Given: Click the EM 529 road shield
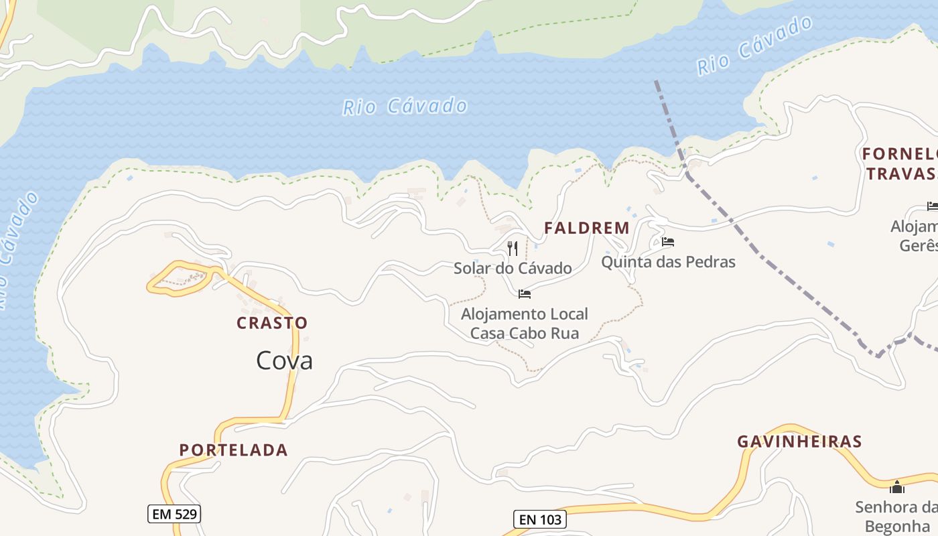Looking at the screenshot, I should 174,514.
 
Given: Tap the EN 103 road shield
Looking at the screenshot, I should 540,519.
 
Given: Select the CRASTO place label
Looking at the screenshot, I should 272,323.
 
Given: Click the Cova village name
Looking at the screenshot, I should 284,361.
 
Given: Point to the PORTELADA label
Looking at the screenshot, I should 233,450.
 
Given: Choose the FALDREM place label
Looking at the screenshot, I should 586,228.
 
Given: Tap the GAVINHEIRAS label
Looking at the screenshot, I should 799,442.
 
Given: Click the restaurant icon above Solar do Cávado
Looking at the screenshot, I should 513,249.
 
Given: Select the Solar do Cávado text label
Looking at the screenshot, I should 513,269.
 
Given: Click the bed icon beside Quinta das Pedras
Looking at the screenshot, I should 667,242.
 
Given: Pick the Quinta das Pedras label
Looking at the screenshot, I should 668,262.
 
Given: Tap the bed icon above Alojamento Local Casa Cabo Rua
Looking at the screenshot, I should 525,293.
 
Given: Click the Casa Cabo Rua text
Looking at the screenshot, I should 525,333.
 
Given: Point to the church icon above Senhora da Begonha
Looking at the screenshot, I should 896,486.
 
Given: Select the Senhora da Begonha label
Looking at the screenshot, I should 896,516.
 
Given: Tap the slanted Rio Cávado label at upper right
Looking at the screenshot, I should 754,46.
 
